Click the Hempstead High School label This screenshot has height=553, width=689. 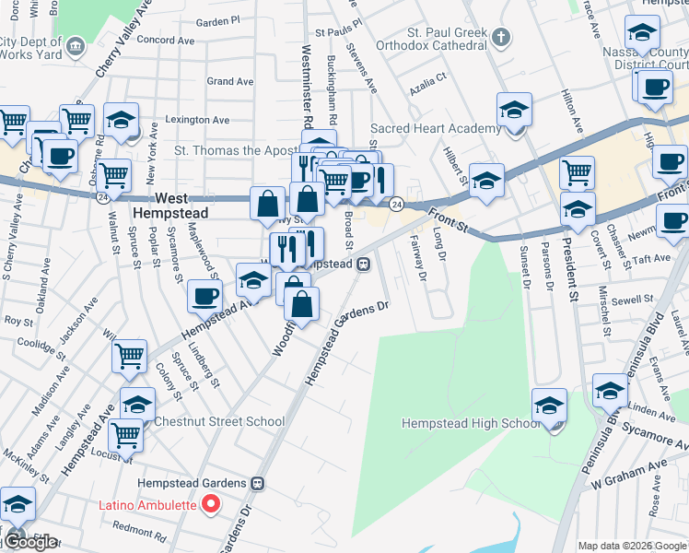coord(471,423)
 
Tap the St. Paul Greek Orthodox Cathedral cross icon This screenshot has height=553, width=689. coord(500,38)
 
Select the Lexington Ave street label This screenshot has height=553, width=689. coord(197,120)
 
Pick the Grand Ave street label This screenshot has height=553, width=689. coord(230,81)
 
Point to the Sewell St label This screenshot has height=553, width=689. coord(632,300)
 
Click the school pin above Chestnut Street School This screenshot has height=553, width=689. coord(137,403)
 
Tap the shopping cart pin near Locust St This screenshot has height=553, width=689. coord(125,434)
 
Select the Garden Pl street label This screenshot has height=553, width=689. coord(218,20)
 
